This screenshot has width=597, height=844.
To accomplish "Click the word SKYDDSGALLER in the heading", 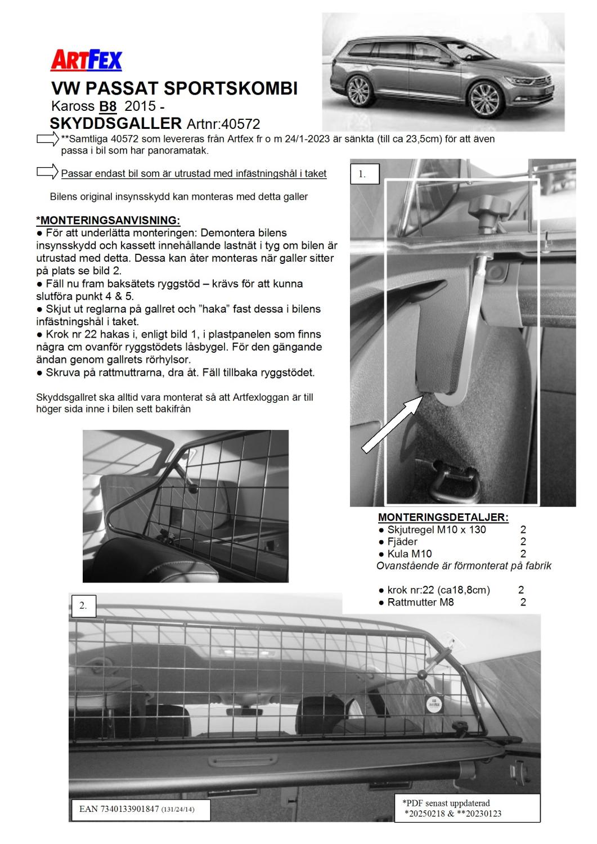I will coord(115,123).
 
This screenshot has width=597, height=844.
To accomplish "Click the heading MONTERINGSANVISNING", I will coord(107,219).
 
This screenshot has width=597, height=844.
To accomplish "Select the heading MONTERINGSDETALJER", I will coord(443,517).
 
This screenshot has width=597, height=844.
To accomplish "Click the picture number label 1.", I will coord(363,174).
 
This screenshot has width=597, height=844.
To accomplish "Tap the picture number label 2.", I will coord(83,605).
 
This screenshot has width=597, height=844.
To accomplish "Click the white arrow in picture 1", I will coord(392,422).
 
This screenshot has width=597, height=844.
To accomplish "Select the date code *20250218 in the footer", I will coord(429,813).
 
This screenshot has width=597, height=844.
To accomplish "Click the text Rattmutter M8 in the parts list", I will coord(420,602).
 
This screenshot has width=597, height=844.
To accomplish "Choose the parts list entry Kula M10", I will coord(409,554).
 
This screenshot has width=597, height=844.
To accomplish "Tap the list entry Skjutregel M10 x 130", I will coord(436,529).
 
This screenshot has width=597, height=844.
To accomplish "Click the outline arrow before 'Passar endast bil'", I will coord(48,172).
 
